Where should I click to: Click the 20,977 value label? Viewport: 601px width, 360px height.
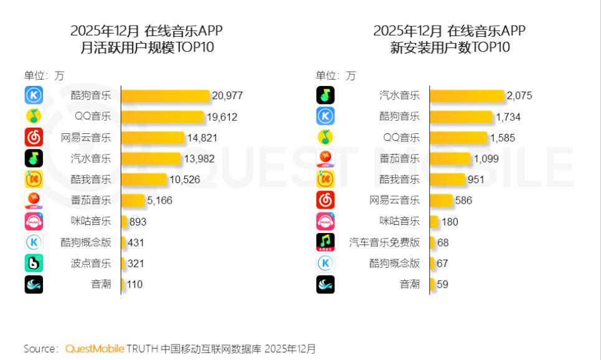227,96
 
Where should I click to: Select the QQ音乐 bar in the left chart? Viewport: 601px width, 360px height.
163,116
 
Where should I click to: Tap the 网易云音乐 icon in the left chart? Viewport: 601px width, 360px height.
34,138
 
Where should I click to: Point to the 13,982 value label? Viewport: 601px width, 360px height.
199,159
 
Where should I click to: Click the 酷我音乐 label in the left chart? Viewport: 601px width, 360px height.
91,180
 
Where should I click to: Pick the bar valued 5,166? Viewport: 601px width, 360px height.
133,201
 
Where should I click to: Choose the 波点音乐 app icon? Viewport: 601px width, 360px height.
34,263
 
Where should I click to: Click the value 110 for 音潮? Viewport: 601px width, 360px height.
135,285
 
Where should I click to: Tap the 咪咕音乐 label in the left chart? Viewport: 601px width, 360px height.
91,221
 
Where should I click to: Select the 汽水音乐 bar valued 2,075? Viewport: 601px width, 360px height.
467,96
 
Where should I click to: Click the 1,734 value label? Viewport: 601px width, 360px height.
508,116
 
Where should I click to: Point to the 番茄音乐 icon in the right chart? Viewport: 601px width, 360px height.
326,159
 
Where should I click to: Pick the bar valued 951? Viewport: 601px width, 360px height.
447,180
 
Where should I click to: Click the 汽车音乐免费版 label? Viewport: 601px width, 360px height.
384,242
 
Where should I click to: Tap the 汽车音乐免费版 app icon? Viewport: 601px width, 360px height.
326,242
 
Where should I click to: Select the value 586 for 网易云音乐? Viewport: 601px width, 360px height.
463,201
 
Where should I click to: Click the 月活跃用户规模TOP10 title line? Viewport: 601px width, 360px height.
147,47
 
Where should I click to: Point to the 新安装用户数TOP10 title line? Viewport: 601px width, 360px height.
450,47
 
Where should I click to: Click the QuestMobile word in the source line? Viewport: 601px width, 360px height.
95,348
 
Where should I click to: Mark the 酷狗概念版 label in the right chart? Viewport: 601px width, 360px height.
394,263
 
